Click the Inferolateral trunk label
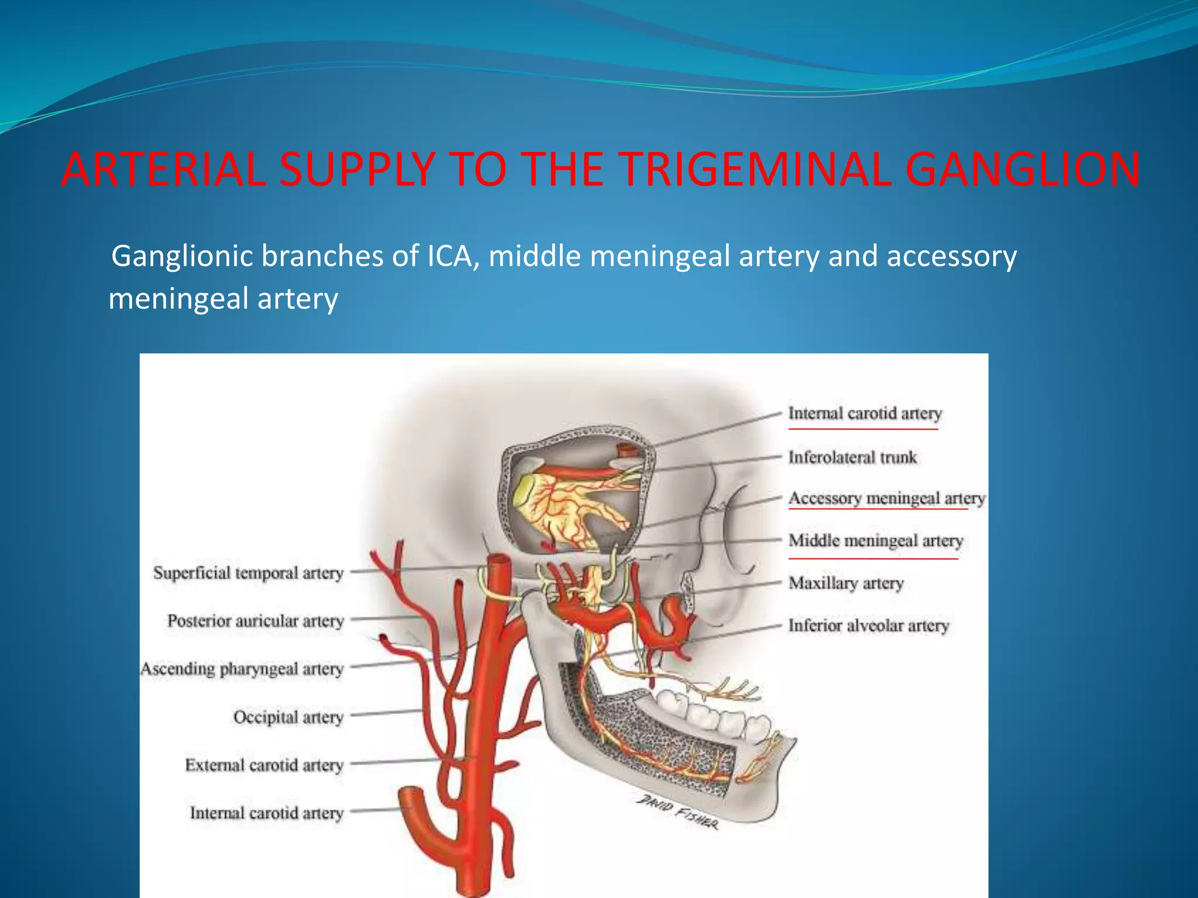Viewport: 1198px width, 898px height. pos(852,457)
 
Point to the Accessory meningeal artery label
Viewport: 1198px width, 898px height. pos(886,498)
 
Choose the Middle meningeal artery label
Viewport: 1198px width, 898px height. pos(875,541)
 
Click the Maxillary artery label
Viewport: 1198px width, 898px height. pos(846,583)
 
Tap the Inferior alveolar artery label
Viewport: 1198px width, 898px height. pos(868,626)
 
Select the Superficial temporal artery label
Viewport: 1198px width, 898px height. pos(248,573)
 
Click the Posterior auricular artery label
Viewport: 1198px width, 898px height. pos(255,621)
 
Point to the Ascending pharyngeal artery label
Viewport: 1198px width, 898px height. pos(242,669)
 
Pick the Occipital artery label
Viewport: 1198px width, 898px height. pos(288,717)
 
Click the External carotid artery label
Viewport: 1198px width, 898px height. pos(264,765)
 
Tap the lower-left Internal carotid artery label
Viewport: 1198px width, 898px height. pos(266,813)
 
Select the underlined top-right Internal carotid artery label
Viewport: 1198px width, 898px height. pos(865,413)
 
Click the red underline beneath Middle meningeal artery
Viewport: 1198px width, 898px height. pos(873,559)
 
